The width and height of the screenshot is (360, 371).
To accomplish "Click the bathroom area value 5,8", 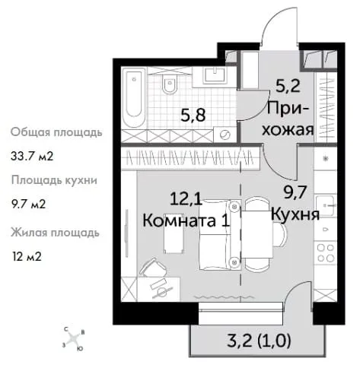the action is click(193, 116).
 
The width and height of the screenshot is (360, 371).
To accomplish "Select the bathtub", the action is click(133, 97).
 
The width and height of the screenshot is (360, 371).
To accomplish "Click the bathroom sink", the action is click(215, 75).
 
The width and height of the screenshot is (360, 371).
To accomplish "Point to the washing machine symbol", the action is click(225, 135).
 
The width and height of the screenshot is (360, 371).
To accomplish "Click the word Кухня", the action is click(295, 215).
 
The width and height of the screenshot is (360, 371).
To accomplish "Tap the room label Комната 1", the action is click(186, 220).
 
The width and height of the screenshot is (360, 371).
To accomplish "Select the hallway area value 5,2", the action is click(288, 86).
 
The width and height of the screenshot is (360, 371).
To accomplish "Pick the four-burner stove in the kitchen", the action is click(326, 253).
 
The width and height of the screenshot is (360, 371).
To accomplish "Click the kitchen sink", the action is click(326, 206).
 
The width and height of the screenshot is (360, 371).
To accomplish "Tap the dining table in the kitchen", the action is click(257, 234).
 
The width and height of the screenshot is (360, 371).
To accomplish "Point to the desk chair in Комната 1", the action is click(153, 268).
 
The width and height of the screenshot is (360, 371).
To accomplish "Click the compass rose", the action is click(73, 338).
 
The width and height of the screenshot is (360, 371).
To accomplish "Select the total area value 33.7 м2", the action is click(32, 156).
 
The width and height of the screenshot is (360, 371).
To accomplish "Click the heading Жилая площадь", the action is click(55, 233).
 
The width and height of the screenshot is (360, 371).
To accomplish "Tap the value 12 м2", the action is click(27, 257).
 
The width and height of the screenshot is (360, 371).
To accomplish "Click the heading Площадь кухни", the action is click(54, 181).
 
